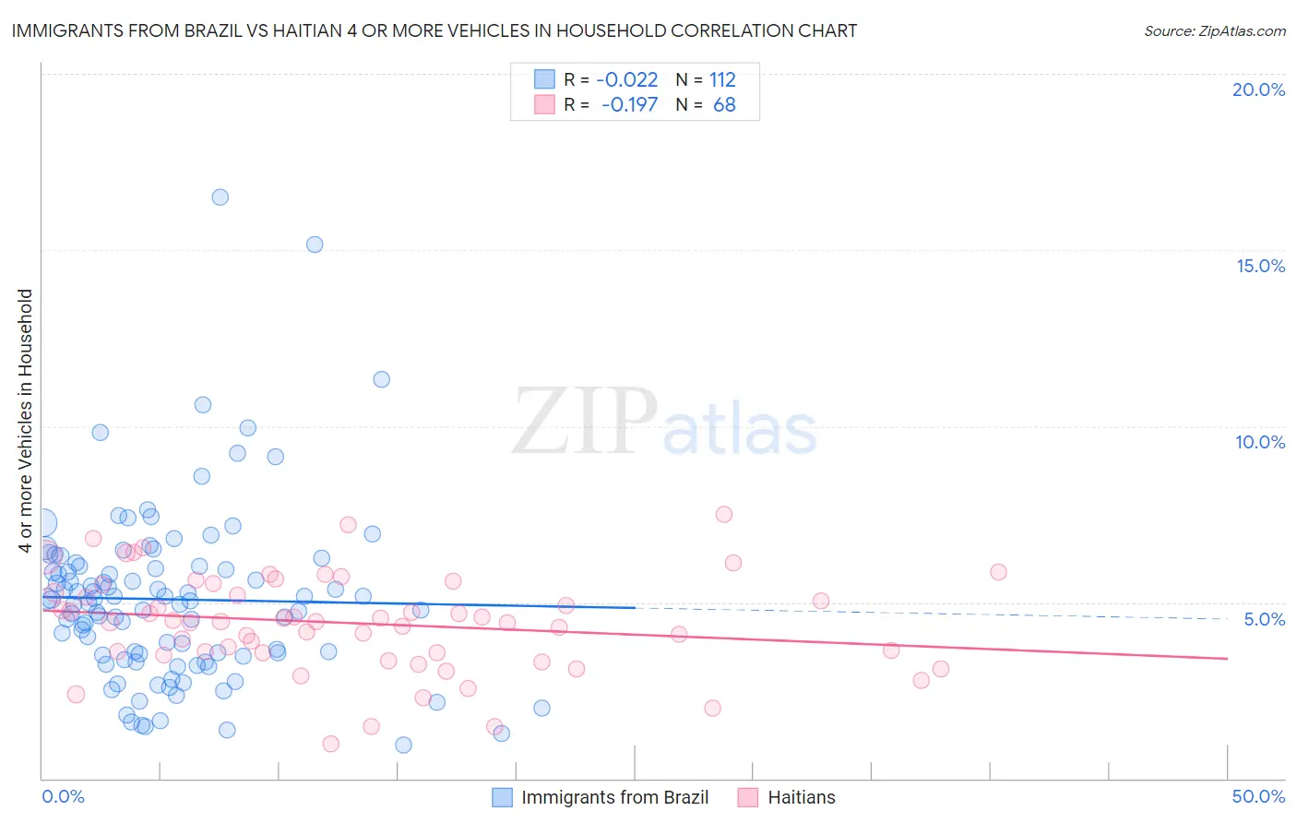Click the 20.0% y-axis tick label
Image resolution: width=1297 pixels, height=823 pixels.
click(x=1258, y=89)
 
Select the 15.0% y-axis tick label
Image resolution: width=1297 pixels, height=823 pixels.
click(x=1260, y=266)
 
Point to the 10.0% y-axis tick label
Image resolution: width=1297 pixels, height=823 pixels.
click(x=1260, y=442)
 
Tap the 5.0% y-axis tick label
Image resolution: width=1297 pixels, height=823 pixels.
click(x=1264, y=619)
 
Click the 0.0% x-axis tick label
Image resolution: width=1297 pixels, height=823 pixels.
click(x=63, y=796)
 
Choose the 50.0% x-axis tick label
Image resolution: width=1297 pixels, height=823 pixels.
click(x=1258, y=796)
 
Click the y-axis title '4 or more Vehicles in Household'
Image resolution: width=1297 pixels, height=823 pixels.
click(x=26, y=421)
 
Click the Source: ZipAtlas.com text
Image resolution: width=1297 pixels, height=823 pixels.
click(x=1214, y=30)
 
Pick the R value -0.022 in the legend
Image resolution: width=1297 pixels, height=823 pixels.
click(x=627, y=79)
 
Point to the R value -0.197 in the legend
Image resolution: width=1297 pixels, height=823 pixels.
click(x=629, y=105)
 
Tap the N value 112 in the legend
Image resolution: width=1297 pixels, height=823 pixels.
click(x=722, y=79)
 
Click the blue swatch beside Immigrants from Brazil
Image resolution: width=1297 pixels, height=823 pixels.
click(x=502, y=797)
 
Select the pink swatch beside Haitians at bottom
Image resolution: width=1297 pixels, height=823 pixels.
click(x=748, y=797)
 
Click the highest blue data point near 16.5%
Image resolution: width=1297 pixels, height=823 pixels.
click(x=220, y=197)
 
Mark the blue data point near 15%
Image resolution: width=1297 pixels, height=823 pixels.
click(x=315, y=245)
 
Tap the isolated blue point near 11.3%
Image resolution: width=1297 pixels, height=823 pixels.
click(x=381, y=379)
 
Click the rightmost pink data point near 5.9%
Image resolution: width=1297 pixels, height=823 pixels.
click(x=998, y=572)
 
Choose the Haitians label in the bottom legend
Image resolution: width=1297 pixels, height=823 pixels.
click(x=801, y=797)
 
